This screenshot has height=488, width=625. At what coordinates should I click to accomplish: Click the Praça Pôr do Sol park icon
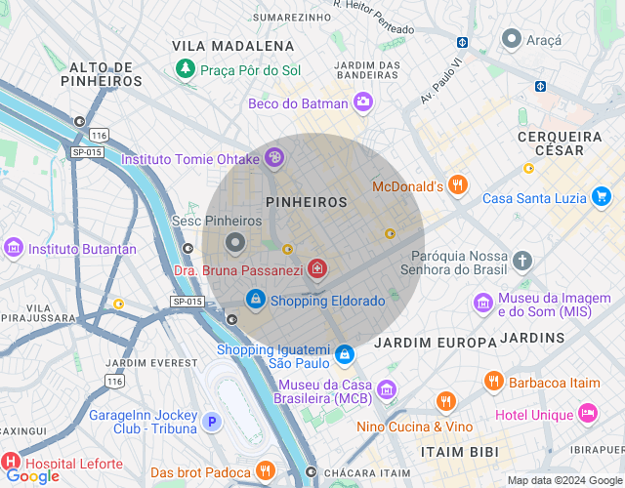pyautogui.click(x=185, y=69)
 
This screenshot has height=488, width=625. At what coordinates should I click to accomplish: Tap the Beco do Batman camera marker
pyautogui.click(x=363, y=102)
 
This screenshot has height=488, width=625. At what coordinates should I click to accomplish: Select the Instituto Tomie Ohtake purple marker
pyautogui.click(x=274, y=157)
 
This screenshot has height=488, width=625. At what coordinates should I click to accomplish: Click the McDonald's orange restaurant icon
pyautogui.click(x=458, y=184)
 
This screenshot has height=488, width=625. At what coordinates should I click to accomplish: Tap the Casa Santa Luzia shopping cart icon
pyautogui.click(x=602, y=197)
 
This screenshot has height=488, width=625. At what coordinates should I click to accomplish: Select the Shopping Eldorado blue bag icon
pyautogui.click(x=255, y=299)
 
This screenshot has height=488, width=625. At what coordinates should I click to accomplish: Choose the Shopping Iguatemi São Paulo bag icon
pyautogui.click(x=344, y=354)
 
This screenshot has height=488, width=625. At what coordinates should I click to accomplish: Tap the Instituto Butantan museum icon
pyautogui.click(x=14, y=248)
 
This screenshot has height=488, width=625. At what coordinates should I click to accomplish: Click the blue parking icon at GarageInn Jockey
pyautogui.click(x=212, y=423)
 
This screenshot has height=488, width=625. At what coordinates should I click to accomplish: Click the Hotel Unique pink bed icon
pyautogui.click(x=587, y=413)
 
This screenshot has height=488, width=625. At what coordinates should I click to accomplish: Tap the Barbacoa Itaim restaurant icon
pyautogui.click(x=494, y=381)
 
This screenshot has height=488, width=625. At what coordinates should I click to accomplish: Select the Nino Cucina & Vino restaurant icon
pyautogui.click(x=445, y=401)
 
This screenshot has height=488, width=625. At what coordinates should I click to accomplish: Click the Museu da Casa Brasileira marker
pyautogui.click(x=388, y=390)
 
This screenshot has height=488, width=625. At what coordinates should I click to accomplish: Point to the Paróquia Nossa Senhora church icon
pyautogui.click(x=522, y=261)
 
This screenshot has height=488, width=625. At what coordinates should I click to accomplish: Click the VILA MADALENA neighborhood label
pyautogui.click(x=232, y=46)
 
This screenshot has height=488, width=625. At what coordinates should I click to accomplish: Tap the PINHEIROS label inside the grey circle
pyautogui.click(x=307, y=202)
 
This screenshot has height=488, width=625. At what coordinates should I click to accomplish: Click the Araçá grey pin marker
pyautogui.click(x=511, y=39)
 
